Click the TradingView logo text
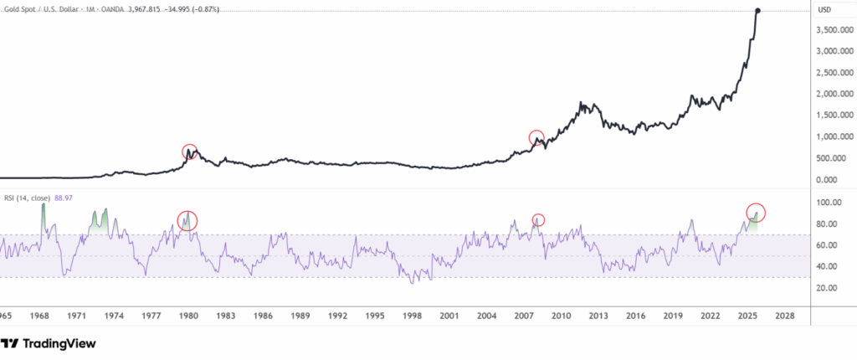59,344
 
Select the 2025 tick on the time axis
747,317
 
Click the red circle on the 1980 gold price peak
192,152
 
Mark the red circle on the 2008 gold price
536,137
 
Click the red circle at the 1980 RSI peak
187,220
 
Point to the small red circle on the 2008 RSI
538,219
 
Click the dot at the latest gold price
758,10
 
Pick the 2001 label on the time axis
449,317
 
